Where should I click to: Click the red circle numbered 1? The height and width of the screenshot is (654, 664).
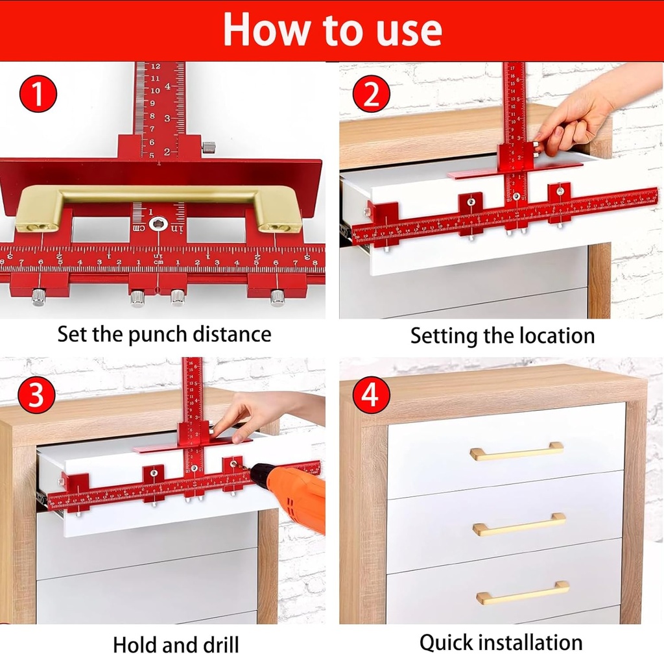(x=38, y=93)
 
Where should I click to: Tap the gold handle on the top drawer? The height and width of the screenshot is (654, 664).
(x=516, y=452)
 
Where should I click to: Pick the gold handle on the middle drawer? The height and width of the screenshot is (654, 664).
(x=519, y=524)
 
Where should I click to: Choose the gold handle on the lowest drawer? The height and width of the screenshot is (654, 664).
(x=522, y=593)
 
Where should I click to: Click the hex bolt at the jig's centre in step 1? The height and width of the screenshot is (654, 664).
(x=158, y=223)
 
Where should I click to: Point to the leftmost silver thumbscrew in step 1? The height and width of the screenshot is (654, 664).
(x=38, y=298)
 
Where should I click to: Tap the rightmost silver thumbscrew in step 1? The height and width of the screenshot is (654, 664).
(x=278, y=297)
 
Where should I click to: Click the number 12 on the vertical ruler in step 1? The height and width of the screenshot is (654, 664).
(x=156, y=67)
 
